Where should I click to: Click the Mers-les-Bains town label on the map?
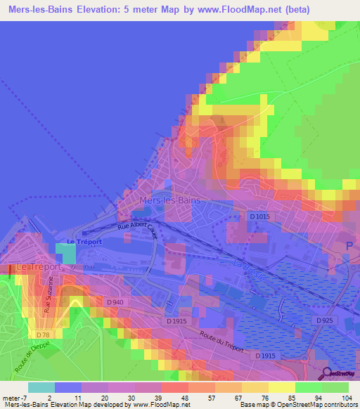171,200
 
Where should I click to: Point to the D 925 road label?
324,320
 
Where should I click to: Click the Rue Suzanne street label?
49,295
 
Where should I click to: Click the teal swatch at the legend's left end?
41,387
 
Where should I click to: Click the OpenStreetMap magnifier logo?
328,374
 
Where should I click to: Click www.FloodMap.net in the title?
219,10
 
